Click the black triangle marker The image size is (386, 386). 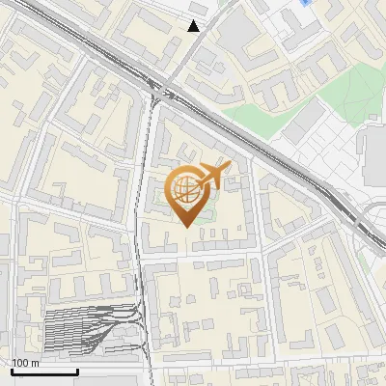[194, 26]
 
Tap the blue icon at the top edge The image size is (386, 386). [306, 3]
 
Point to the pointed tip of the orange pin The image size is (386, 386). [185, 226]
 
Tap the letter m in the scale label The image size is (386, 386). [37, 363]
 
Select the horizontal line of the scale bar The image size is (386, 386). [44, 372]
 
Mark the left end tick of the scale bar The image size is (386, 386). [12, 370]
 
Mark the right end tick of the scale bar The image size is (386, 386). [77, 370]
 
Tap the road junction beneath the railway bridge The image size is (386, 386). [156, 96]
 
